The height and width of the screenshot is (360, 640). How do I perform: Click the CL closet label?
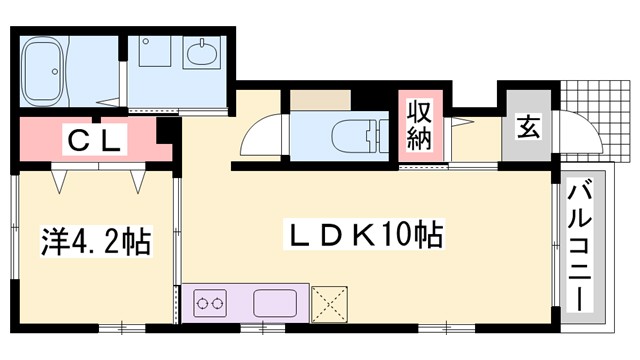pos(95,140)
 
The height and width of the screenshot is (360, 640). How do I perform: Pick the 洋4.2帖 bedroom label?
pos(95,241)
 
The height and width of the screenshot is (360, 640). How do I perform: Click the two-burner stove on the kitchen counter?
pos(210,303)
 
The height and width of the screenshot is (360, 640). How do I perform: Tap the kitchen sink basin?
pos(274,302)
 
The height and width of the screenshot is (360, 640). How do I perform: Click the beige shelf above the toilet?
pos(320,100)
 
